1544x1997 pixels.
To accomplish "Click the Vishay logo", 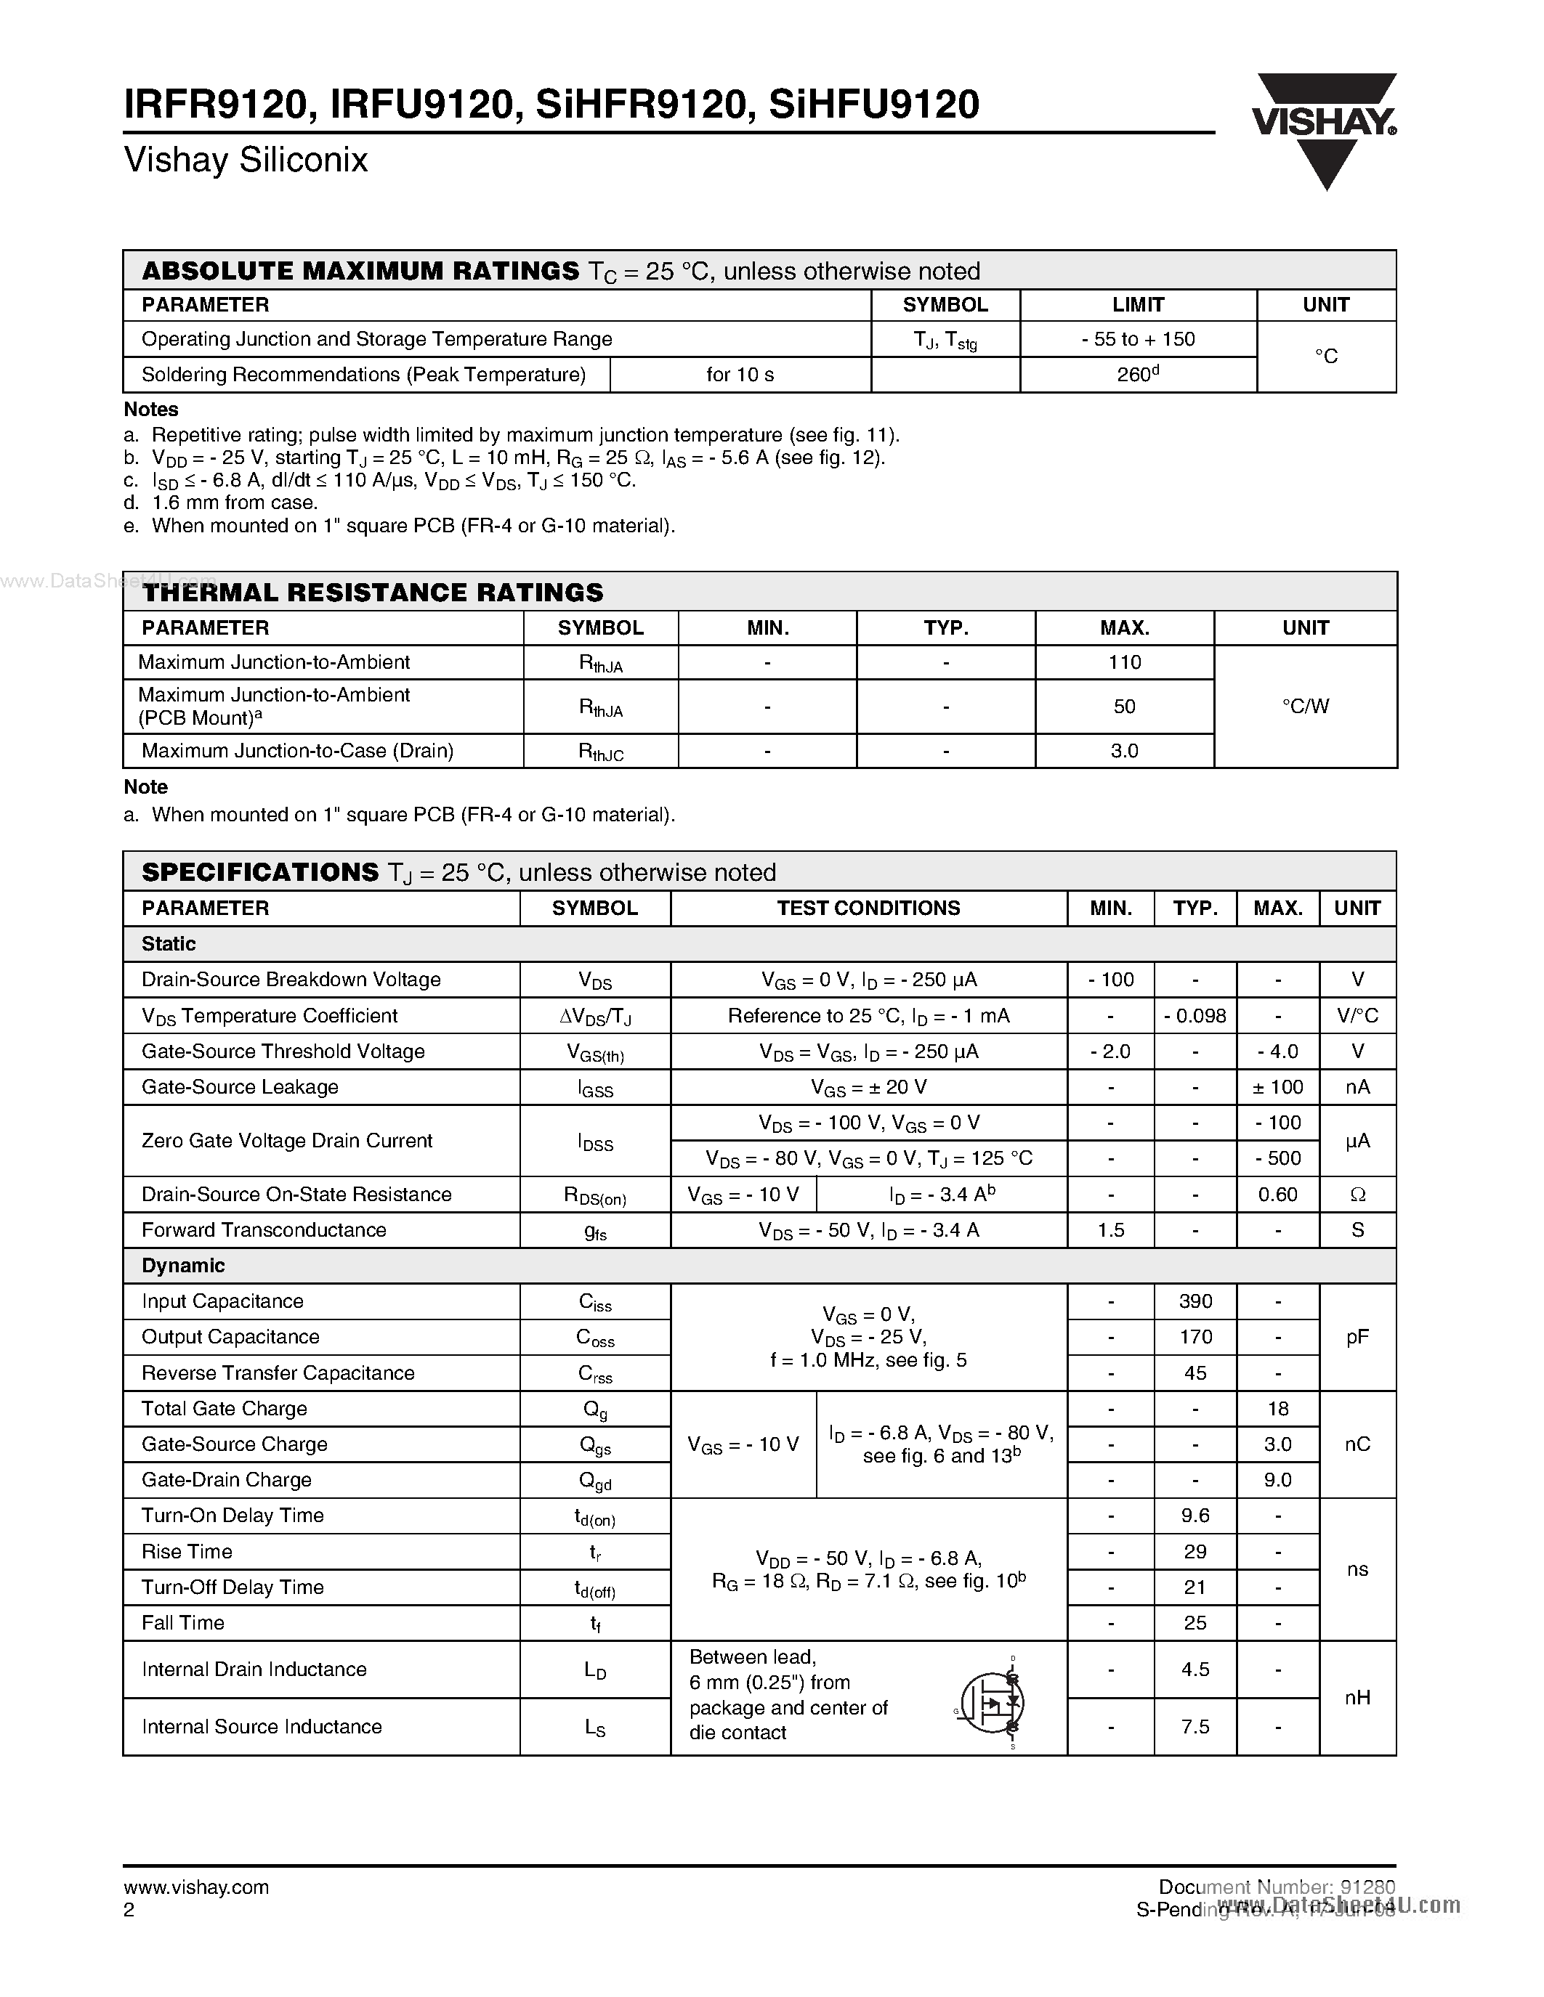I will coord(1325,128).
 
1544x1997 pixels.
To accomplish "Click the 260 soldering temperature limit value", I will coord(1137,375).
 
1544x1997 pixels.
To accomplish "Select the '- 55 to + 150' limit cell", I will coord(1137,339).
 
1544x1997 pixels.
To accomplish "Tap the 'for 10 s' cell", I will coord(740,375).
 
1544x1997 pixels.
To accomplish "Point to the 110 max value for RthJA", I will coord(1124,662).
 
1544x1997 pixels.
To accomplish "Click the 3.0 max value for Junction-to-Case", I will coord(1124,751).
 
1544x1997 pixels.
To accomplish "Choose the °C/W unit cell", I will coord(1305,706).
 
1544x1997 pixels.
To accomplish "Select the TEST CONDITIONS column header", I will coord(868,908).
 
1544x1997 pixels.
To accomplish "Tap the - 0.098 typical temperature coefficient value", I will coord(1195,1016).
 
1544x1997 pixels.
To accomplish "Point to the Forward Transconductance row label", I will coord(264,1230).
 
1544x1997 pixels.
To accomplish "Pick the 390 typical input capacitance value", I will coord(1195,1301).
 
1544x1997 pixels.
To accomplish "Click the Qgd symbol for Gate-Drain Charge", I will coord(596,1481).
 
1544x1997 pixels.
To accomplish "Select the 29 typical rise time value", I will coord(1195,1552).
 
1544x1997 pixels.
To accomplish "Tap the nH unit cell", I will coord(1357,1698).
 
